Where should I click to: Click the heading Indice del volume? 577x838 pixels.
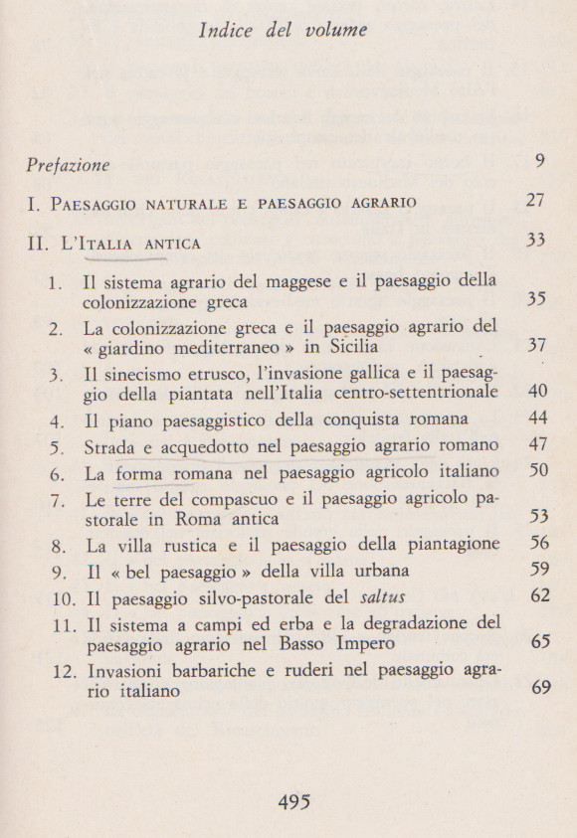click(x=283, y=30)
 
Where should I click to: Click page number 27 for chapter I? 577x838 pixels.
click(x=535, y=202)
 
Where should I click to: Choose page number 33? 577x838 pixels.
click(x=535, y=241)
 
